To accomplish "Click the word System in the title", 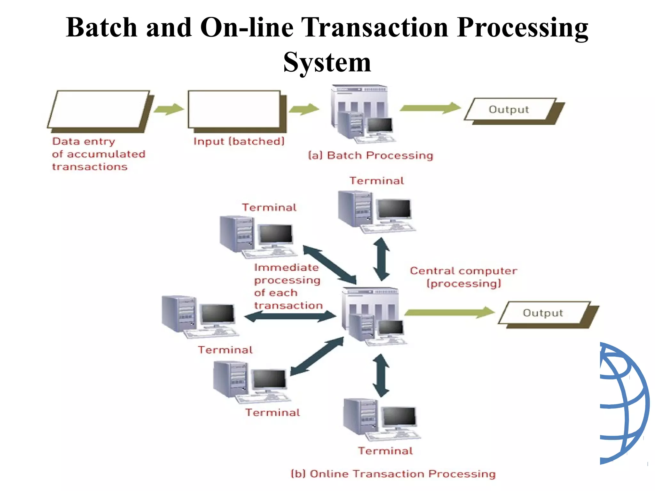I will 327,62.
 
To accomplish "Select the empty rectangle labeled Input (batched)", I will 234,109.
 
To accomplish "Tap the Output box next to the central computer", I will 543,313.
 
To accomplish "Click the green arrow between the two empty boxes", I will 169,109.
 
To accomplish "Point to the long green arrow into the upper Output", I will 430,108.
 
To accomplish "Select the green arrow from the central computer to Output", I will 449,312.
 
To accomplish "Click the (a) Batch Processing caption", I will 370,155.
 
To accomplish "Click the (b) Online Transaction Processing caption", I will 393,473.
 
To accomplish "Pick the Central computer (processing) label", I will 464,277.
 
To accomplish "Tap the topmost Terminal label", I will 376,181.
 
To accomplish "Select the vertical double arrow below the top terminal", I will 381,259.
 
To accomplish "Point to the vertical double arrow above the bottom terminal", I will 381,375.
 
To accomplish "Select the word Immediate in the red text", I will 287,268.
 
